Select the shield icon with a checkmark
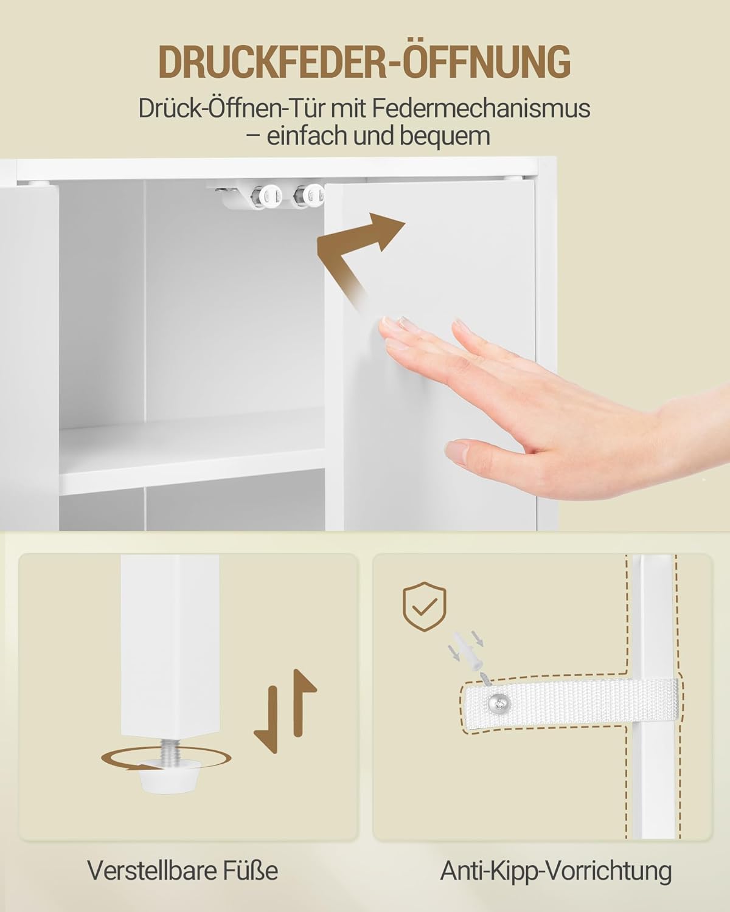tap(425, 606)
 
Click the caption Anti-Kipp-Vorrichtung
tap(555, 870)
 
